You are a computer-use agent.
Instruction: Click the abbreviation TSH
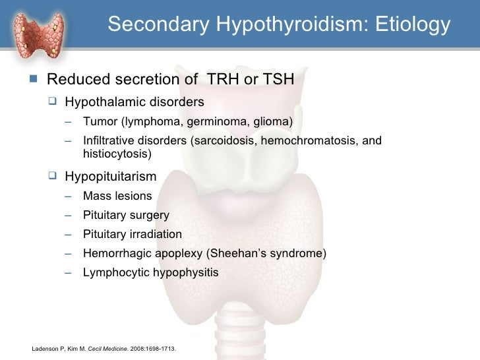pyautogui.click(x=279, y=80)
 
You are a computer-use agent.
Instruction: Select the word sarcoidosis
pyautogui.click(x=218, y=141)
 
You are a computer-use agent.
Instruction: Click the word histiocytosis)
pyautogui.click(x=117, y=154)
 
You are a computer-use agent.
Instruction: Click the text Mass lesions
pyautogui.click(x=117, y=196)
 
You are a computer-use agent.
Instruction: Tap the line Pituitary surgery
pyautogui.click(x=126, y=215)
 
